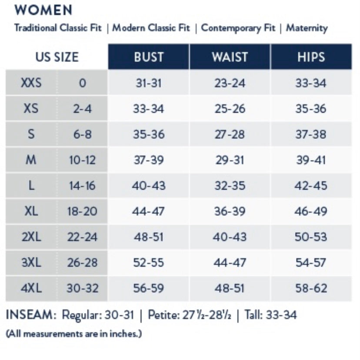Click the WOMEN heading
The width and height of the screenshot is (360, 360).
pyautogui.click(x=43, y=10)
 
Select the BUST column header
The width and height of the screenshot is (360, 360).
pyautogui.click(x=149, y=57)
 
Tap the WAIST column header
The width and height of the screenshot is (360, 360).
pyautogui.click(x=230, y=57)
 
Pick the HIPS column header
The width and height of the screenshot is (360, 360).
pyautogui.click(x=310, y=57)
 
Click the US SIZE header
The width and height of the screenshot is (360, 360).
pyautogui.click(x=57, y=57)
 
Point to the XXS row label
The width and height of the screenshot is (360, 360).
pyautogui.click(x=31, y=83)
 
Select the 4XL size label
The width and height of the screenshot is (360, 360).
pyautogui.click(x=31, y=288)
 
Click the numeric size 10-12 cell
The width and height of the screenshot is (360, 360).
pyautogui.click(x=82, y=160)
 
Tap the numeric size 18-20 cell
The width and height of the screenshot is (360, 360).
pyautogui.click(x=82, y=212)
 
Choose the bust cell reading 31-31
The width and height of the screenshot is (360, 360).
pyautogui.click(x=149, y=83)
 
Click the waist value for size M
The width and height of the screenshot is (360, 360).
pyautogui.click(x=230, y=160)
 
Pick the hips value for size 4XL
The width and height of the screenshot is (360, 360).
pyautogui.click(x=310, y=288)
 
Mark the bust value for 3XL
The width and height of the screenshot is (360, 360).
pyautogui.click(x=149, y=263)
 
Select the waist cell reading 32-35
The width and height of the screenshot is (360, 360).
pyautogui.click(x=230, y=186)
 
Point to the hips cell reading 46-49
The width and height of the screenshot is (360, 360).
pyautogui.click(x=310, y=212)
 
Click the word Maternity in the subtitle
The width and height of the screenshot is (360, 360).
pyautogui.click(x=307, y=28)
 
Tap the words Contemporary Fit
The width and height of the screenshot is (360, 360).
pyautogui.click(x=238, y=28)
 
